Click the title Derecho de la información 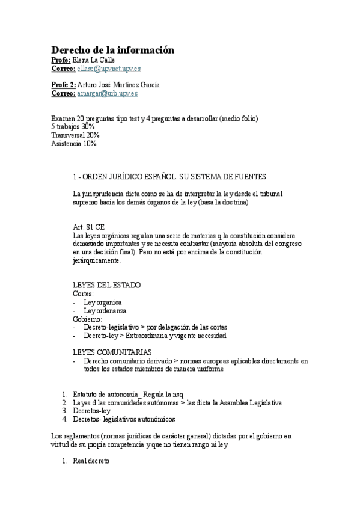tap(112, 50)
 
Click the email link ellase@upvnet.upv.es tap(109, 69)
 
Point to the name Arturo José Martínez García tap(118, 85)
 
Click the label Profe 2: tap(64, 85)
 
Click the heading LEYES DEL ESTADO tap(106, 285)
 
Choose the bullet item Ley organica tap(103, 302)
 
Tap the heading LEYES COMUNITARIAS tap(112, 352)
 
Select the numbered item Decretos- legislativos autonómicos tap(123, 419)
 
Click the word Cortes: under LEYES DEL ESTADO tap(83, 293)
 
